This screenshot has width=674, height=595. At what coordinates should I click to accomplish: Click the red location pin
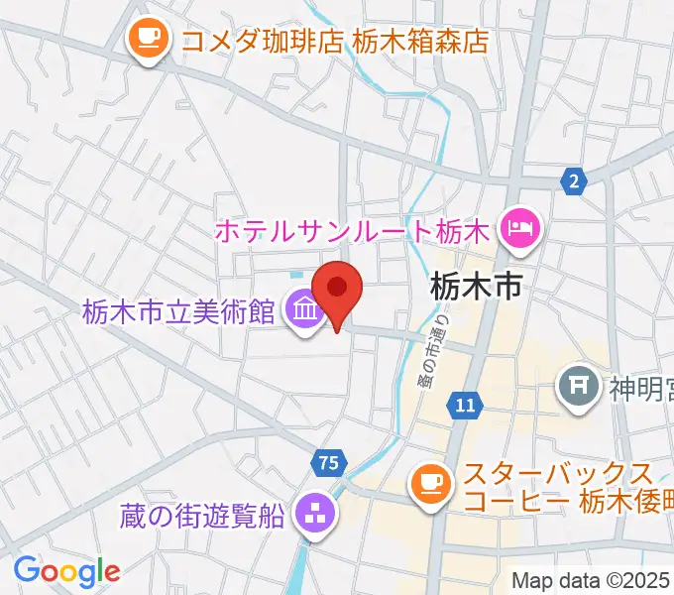(337, 291)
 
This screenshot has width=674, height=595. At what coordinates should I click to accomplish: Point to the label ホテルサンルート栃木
(353, 233)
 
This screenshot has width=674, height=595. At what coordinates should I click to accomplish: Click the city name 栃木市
(476, 289)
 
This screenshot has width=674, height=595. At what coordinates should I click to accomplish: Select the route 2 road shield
(572, 180)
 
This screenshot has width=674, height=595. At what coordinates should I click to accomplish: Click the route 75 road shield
(329, 461)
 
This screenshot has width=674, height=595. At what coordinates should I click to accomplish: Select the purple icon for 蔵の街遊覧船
(316, 514)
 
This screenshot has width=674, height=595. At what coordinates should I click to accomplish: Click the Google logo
(66, 571)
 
